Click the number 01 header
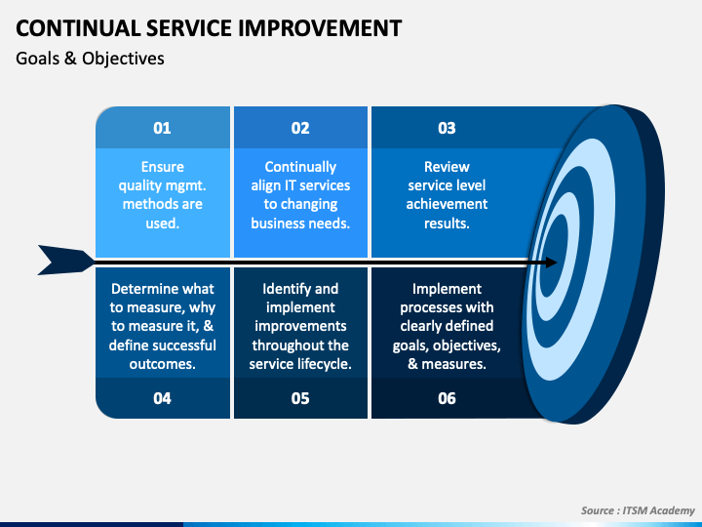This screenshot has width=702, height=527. pyautogui.click(x=162, y=128)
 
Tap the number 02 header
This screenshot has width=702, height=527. pyautogui.click(x=300, y=128)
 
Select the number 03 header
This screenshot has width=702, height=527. pyautogui.click(x=447, y=128)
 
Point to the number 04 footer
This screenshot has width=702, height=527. pyautogui.click(x=162, y=398)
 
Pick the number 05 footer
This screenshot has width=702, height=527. pyautogui.click(x=300, y=398)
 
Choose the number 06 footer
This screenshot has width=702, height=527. pyautogui.click(x=447, y=398)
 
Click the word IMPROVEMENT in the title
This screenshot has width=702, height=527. pyautogui.click(x=320, y=28)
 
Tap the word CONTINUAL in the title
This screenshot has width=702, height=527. pyautogui.click(x=79, y=28)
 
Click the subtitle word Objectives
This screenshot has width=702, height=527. pyautogui.click(x=123, y=59)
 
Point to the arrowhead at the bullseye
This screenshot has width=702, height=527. pyautogui.click(x=549, y=263)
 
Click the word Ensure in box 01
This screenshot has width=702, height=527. pyautogui.click(x=163, y=167)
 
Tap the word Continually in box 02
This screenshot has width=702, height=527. pyautogui.click(x=300, y=167)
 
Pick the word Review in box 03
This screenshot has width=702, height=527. pyautogui.click(x=447, y=167)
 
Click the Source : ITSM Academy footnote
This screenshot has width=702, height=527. pyautogui.click(x=638, y=510)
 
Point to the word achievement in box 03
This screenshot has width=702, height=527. pyautogui.click(x=447, y=204)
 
